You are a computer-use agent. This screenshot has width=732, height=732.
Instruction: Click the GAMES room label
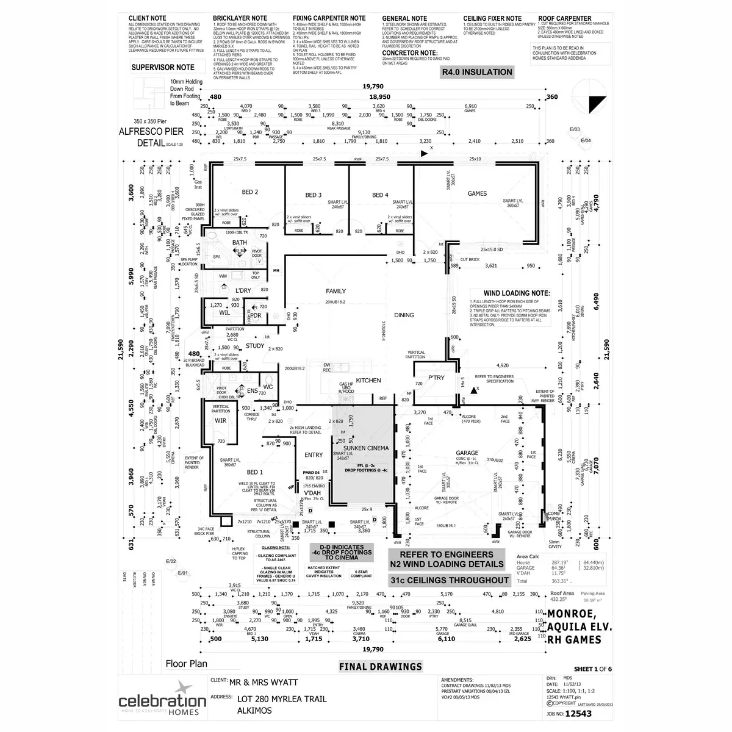pyautogui.click(x=477, y=193)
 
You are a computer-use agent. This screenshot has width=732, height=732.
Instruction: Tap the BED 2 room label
pyautogui.click(x=250, y=192)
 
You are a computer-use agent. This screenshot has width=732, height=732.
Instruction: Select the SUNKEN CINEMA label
pyautogui.click(x=366, y=448)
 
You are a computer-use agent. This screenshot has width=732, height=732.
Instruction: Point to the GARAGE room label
pyautogui.click(x=467, y=453)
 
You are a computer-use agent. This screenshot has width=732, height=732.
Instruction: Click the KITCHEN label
pyautogui.click(x=368, y=380)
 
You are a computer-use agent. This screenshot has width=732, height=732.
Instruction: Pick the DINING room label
pyautogui.click(x=404, y=315)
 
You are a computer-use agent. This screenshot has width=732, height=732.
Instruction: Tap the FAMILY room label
pyautogui.click(x=335, y=291)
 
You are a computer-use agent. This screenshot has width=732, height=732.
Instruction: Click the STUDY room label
pyautogui.click(x=255, y=346)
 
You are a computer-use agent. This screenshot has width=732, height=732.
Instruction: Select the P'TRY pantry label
pyautogui.click(x=436, y=378)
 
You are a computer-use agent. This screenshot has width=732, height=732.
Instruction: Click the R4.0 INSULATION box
pyautogui.click(x=478, y=72)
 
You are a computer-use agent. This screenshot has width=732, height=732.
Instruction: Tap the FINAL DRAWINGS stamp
pyautogui.click(x=381, y=667)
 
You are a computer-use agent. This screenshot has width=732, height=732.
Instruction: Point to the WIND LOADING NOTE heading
pyautogui.click(x=517, y=293)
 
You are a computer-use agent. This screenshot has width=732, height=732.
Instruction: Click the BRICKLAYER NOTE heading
pyautogui.click(x=240, y=19)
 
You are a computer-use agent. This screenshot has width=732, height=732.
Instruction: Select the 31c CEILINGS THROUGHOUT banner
pyautogui.click(x=449, y=579)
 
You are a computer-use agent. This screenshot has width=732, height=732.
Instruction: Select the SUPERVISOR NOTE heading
pyautogui.click(x=163, y=67)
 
